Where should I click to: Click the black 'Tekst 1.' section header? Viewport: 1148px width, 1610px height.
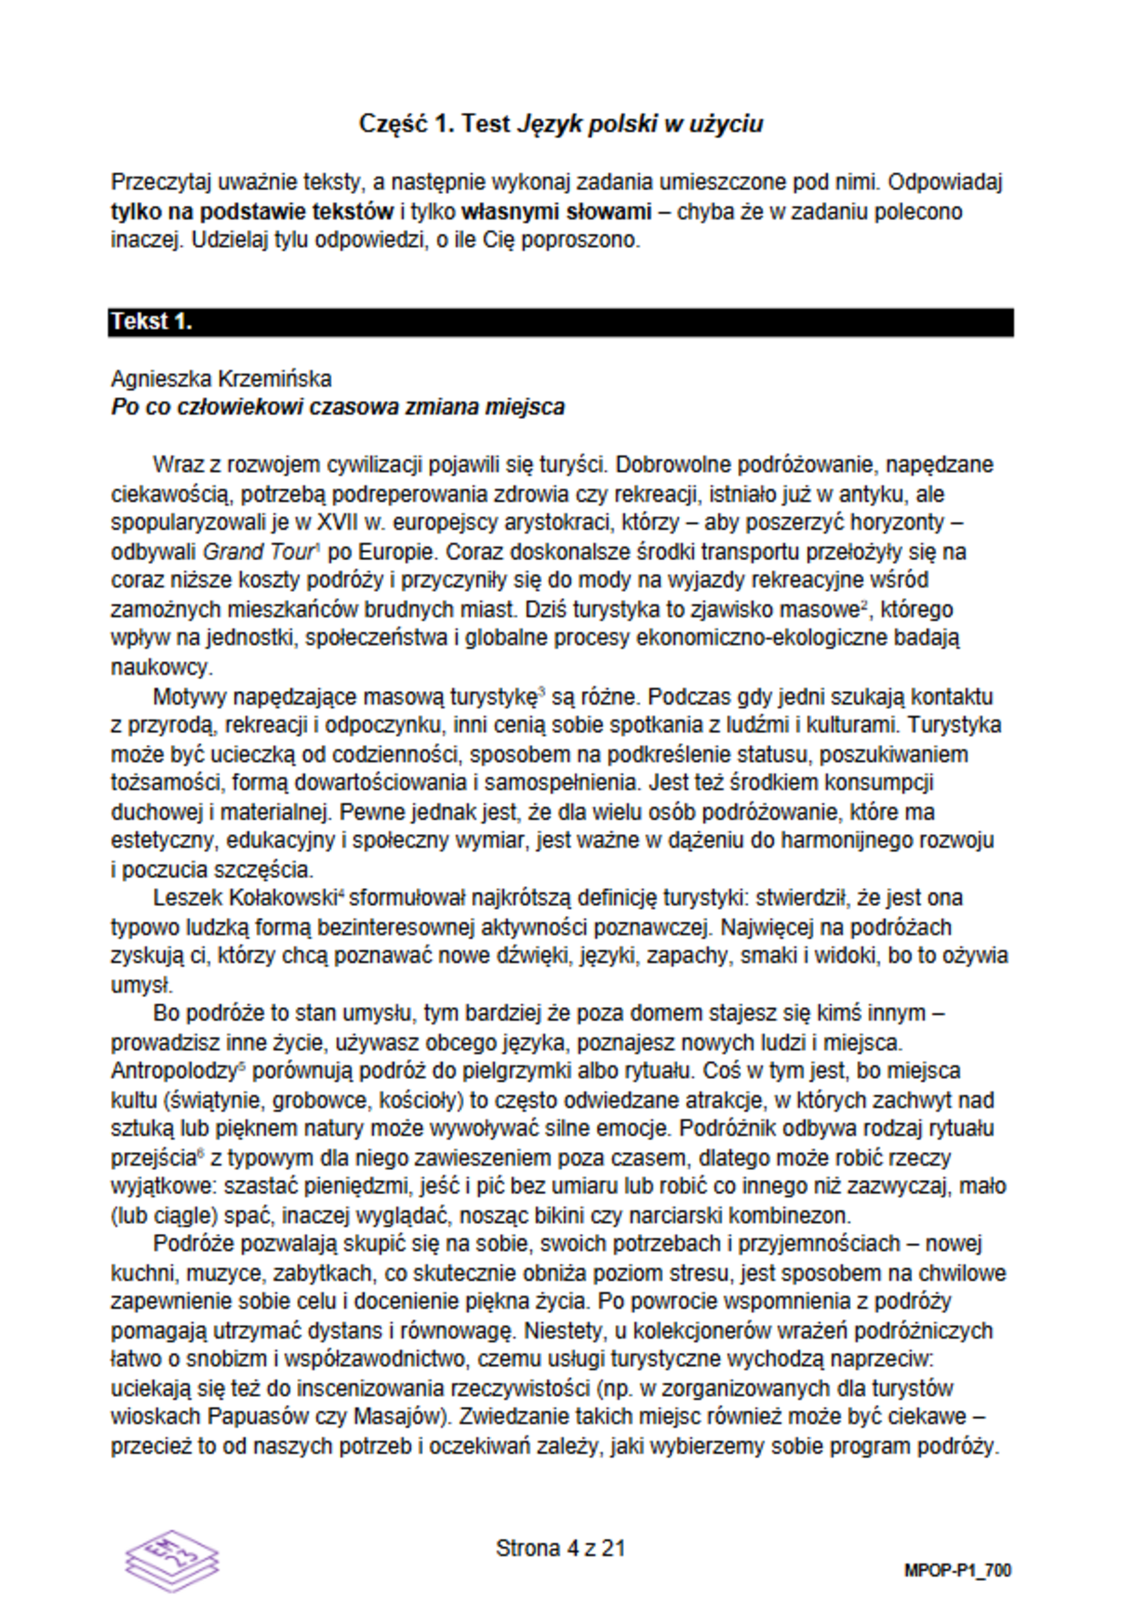(x=559, y=321)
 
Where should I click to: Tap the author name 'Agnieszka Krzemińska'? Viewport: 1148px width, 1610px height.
(x=221, y=379)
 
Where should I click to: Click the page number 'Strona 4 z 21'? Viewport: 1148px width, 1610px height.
(x=560, y=1548)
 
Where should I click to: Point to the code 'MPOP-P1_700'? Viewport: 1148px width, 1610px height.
(x=958, y=1570)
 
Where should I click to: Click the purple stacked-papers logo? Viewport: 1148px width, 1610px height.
(x=172, y=1560)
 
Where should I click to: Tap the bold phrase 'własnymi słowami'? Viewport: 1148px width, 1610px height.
(x=557, y=212)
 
